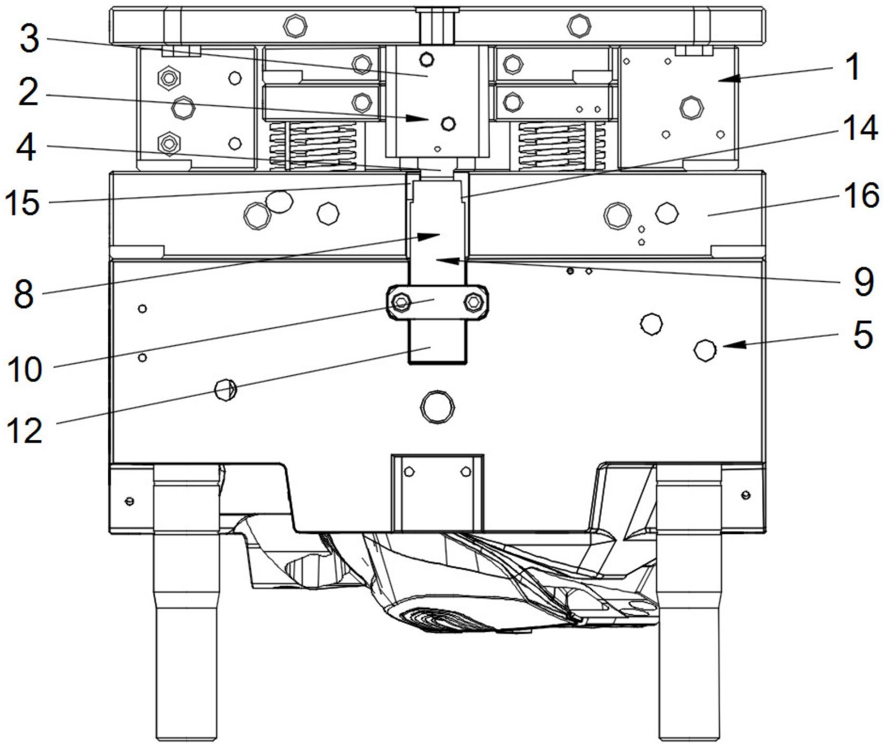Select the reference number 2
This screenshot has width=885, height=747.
(28, 93)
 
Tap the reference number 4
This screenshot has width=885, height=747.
(27, 147)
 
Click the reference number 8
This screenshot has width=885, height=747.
(24, 294)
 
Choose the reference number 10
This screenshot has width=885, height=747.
(24, 369)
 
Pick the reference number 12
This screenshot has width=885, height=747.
(24, 430)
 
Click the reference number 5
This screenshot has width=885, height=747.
(863, 335)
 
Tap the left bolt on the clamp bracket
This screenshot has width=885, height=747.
(401, 303)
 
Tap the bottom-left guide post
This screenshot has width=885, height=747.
(186, 608)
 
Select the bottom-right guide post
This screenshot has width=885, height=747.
(689, 608)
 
